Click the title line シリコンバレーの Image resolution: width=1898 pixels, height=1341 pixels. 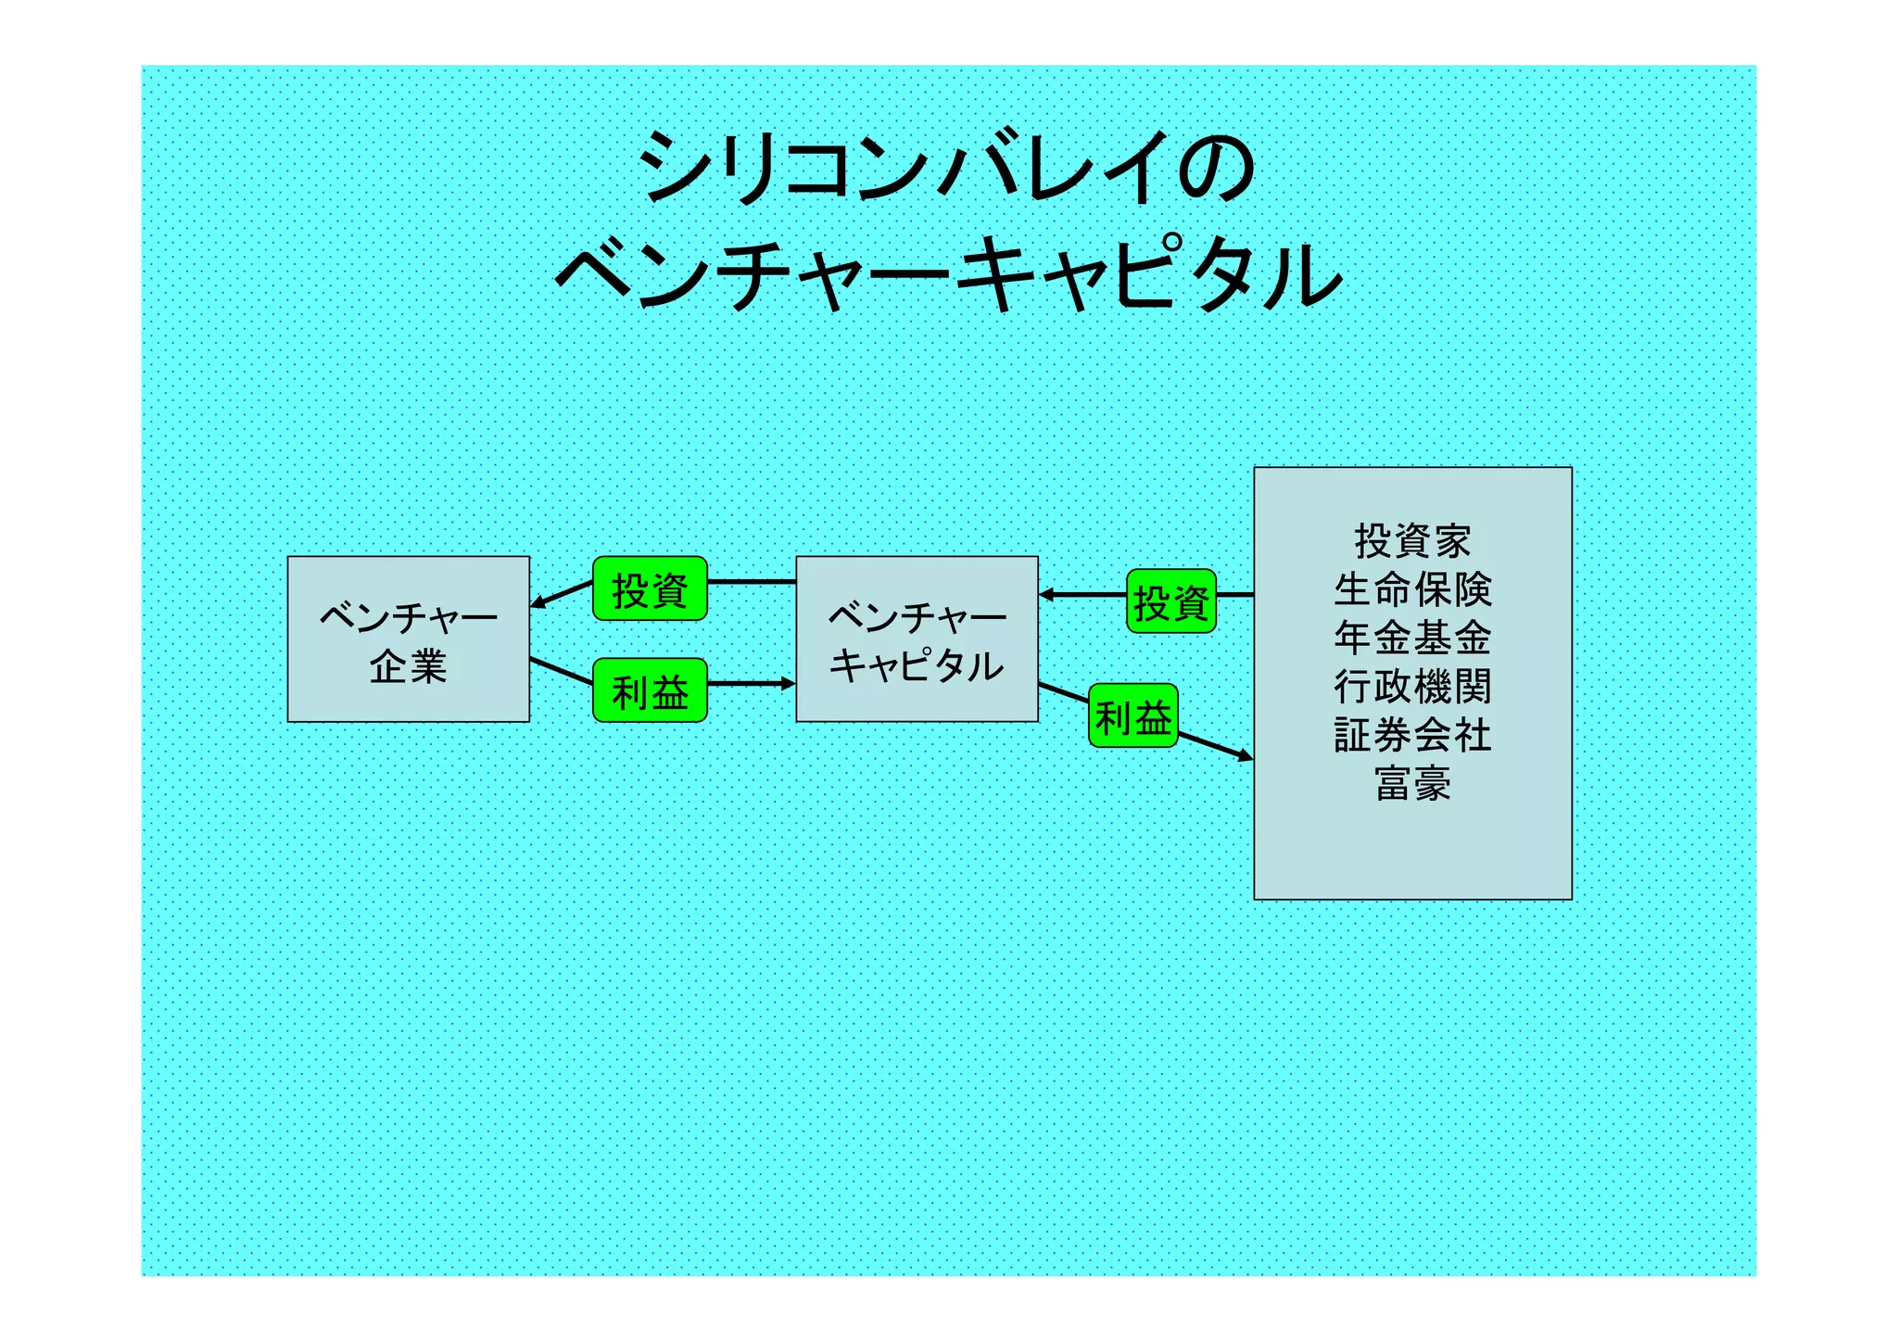point(947,167)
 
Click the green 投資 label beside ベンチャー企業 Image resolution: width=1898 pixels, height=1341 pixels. point(650,589)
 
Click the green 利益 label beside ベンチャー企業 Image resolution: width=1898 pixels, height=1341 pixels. point(650,691)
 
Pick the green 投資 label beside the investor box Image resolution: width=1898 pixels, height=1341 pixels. point(1171,602)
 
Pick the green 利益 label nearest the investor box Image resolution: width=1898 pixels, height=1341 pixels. point(1132,716)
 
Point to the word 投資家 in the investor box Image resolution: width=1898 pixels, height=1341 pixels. point(1412,540)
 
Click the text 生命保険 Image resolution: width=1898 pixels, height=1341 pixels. point(1412,589)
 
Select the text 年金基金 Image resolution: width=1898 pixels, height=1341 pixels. point(1412,638)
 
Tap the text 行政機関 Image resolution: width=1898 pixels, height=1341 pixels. point(1412,687)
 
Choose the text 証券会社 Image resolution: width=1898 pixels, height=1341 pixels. point(1412,735)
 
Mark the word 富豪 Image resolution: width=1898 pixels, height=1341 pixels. point(1412,783)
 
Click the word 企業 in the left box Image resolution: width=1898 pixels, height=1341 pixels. point(408,666)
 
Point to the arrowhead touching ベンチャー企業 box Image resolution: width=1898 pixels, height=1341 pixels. point(538,603)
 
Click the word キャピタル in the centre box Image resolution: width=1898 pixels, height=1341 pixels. point(917,665)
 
